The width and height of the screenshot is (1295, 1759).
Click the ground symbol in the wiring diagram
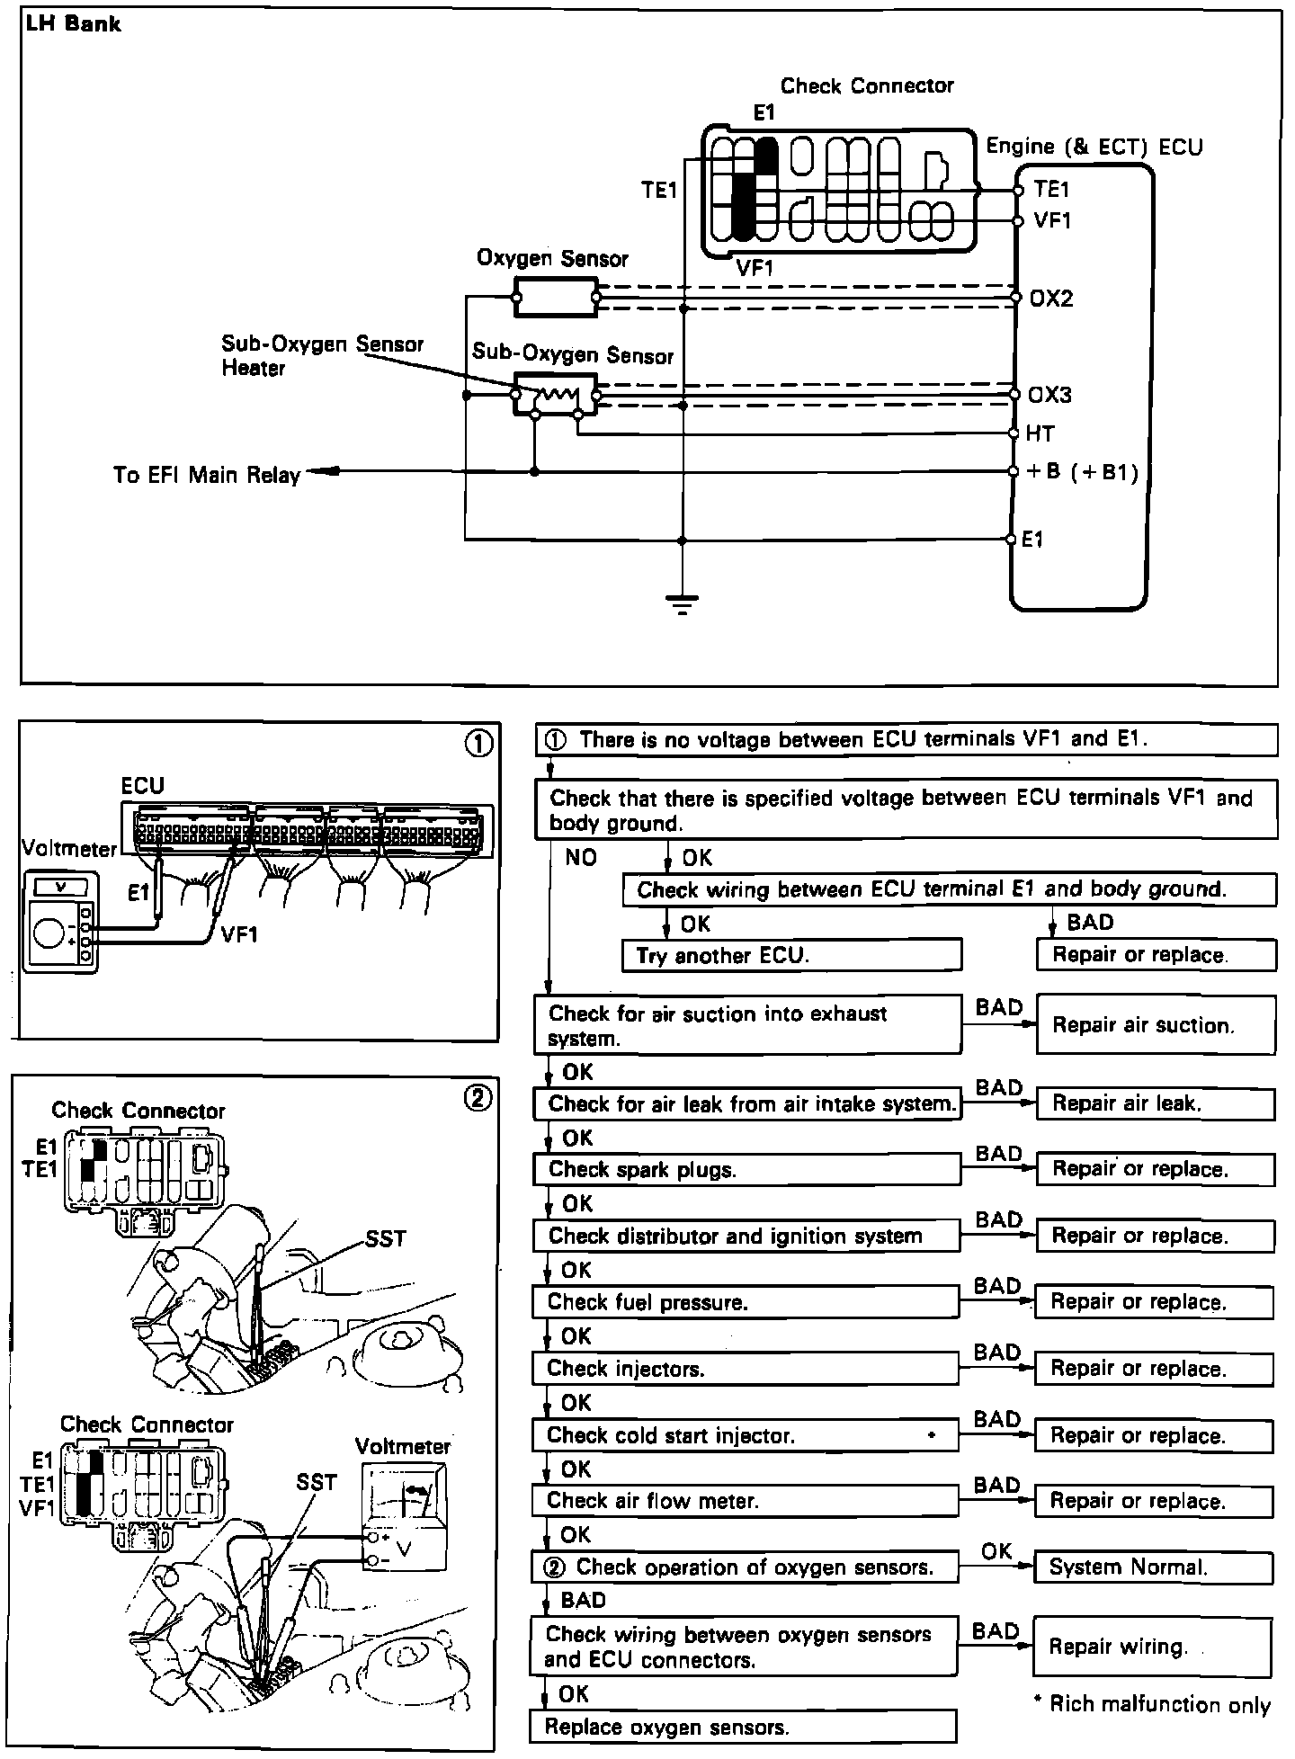coord(683,604)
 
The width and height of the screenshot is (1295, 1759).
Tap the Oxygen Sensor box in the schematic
coord(555,297)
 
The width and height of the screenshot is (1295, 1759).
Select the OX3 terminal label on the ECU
coord(1049,396)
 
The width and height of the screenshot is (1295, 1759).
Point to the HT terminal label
coord(1040,433)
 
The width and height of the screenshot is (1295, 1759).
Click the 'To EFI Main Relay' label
coord(207,474)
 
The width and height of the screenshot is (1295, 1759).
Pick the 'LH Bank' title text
coord(74,23)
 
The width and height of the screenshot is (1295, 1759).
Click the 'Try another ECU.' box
coord(791,955)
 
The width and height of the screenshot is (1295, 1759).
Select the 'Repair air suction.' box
coord(1156,1024)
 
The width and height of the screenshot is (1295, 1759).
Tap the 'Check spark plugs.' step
coord(746,1169)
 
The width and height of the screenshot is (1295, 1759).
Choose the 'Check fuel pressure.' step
coord(746,1302)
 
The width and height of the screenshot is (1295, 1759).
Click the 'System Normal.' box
coord(1154,1567)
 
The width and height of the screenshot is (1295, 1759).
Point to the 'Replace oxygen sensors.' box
coord(742,1728)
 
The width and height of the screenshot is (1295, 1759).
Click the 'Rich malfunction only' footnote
coord(1153,1704)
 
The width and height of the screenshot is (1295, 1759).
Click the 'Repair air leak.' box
coord(1156,1103)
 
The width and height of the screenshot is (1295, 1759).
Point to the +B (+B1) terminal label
coord(1085,472)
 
